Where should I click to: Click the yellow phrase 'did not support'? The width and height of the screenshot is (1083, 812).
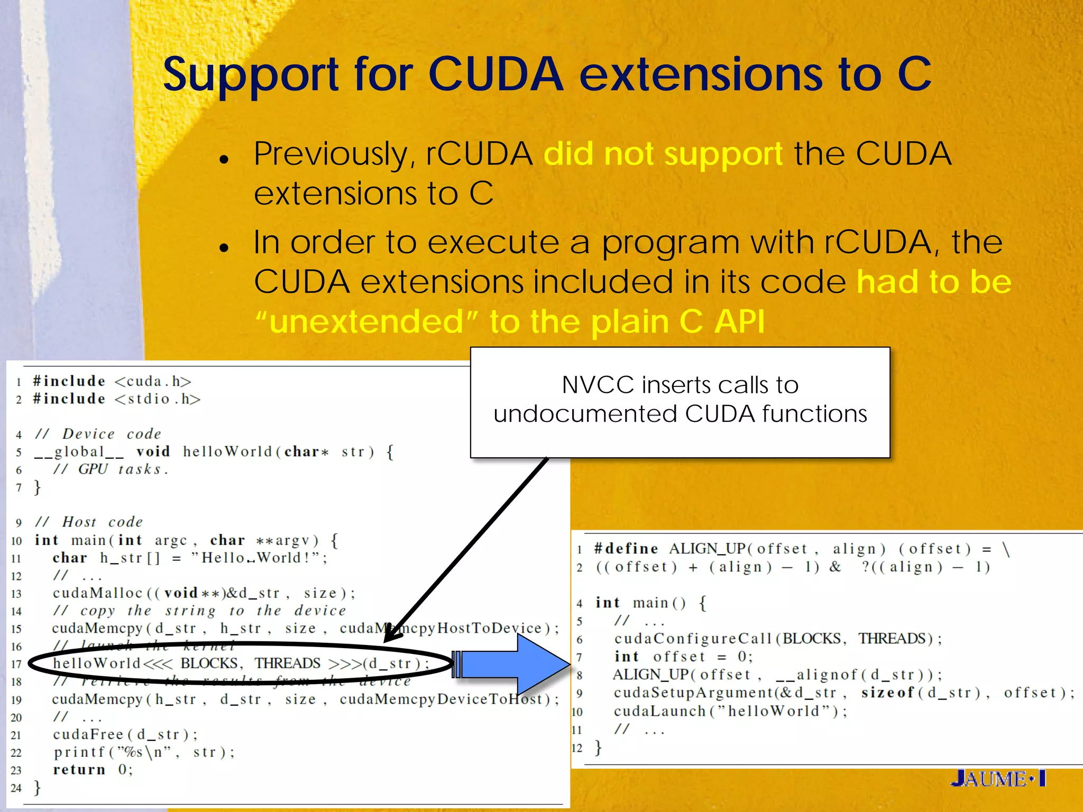coord(663,154)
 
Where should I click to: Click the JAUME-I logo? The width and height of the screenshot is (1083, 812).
coord(998,779)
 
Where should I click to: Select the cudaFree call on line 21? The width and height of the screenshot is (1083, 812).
coord(125,734)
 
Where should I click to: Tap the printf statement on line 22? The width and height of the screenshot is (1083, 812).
coord(143,752)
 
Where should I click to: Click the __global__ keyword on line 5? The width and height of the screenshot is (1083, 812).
coord(79,452)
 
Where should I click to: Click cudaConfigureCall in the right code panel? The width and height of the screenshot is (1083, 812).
coord(693,639)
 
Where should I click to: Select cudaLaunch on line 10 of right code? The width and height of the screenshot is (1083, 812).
coord(659,711)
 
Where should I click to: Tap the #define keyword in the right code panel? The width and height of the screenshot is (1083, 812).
coord(626,549)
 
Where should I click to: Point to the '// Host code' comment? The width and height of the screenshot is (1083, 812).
coord(89,522)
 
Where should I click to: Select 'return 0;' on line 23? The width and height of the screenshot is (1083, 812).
coord(93,770)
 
